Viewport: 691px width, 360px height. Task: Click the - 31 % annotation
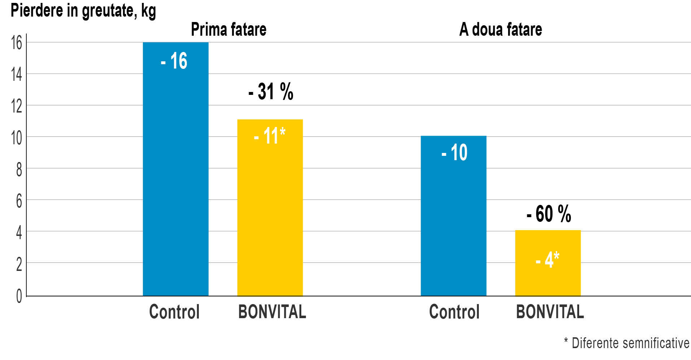tap(271, 92)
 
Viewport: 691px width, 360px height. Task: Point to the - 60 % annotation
tap(549, 214)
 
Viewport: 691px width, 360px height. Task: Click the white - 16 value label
tap(174, 61)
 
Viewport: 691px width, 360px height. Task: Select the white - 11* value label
tap(270, 136)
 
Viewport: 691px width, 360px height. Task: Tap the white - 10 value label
tap(454, 152)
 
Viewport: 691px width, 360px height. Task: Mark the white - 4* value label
tap(547, 259)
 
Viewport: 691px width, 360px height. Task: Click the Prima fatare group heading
tap(228, 29)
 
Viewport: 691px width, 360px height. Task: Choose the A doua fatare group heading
tap(500, 29)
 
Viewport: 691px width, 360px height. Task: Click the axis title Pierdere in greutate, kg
tap(83, 10)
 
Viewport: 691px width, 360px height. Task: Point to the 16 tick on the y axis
tap(17, 43)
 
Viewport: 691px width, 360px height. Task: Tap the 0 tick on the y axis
tap(19, 296)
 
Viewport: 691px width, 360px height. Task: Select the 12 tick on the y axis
tap(17, 106)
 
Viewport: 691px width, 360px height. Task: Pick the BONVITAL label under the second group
tap(550, 312)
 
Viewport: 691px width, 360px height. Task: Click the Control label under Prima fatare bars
tap(174, 312)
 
